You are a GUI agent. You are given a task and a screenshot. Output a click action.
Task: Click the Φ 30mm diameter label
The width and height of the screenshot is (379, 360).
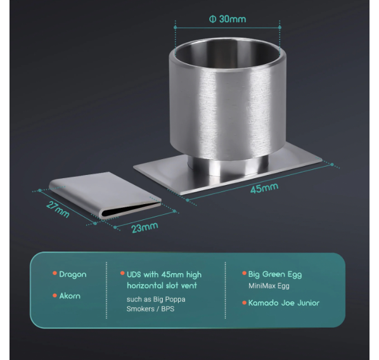coord(228,19)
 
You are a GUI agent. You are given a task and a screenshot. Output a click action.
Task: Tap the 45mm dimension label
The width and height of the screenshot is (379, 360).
coord(264,188)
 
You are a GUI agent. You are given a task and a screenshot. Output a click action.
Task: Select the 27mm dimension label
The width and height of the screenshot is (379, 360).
coord(58,209)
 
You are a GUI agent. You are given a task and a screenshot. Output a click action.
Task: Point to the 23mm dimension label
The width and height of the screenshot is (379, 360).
coord(145,228)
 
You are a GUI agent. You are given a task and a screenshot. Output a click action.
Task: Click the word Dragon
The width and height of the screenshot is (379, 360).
coord(73,274)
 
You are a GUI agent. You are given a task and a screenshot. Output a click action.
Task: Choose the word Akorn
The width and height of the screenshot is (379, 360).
coord(70,296)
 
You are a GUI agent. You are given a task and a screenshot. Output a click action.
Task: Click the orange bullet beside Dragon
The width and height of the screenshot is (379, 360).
coord(55,273)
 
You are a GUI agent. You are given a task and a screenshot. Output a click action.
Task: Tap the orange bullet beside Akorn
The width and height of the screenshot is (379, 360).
coord(55,295)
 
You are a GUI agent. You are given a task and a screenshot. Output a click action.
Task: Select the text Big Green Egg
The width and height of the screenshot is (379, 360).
coord(275,274)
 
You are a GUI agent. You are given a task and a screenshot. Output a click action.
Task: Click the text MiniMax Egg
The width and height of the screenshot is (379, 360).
coord(269,286)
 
